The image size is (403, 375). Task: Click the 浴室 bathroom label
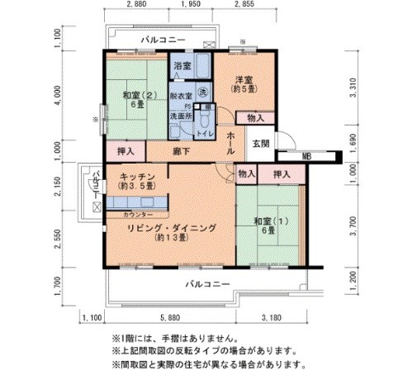pos(182,64)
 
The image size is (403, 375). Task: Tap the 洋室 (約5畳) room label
pos(242,84)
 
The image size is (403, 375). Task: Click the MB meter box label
pos(306,155)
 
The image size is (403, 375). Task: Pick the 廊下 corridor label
pos(182,153)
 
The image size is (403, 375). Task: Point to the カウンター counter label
pos(136,214)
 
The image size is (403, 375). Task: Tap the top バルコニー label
pos(162,40)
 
